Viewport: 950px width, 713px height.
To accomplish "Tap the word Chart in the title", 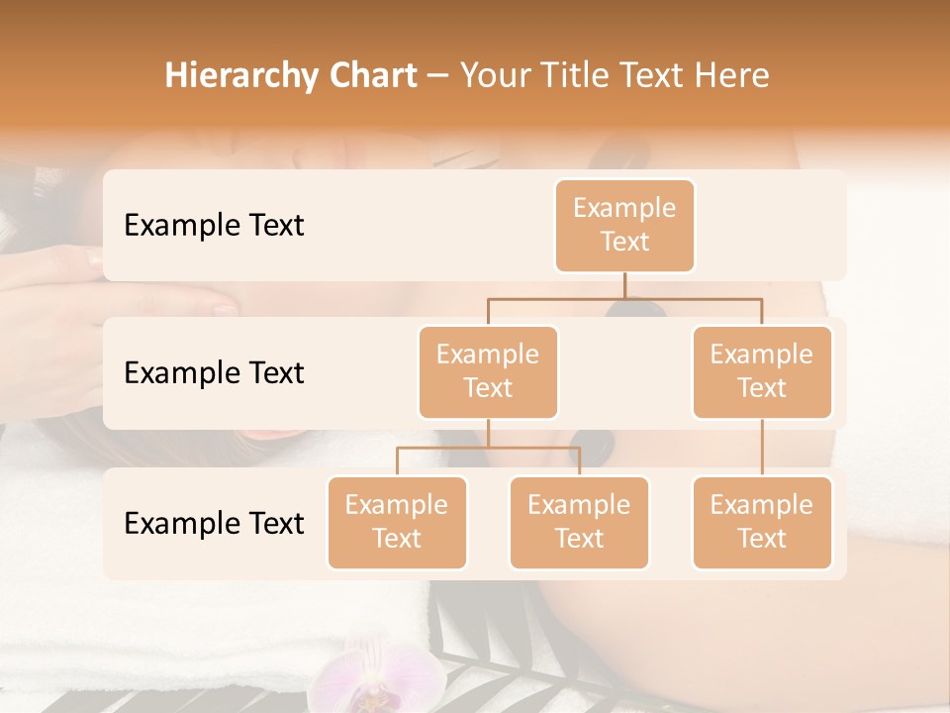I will [x=368, y=76].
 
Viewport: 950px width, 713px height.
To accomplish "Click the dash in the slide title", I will [x=438, y=77].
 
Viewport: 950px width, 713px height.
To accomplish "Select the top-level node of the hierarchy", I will [x=624, y=226].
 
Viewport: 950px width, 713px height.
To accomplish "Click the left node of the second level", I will [x=488, y=372].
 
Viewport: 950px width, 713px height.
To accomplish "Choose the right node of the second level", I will [x=762, y=372].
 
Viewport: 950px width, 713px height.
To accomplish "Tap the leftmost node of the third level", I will [x=397, y=523].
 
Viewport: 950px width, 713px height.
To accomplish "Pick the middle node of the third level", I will [x=579, y=523].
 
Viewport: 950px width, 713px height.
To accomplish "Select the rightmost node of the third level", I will [x=762, y=523].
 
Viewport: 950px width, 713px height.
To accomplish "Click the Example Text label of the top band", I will [x=214, y=226].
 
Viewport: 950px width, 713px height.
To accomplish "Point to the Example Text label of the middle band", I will [x=214, y=373].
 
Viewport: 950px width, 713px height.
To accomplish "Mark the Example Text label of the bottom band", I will [x=214, y=524].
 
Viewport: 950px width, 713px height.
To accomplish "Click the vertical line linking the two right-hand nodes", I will [x=762, y=448].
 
